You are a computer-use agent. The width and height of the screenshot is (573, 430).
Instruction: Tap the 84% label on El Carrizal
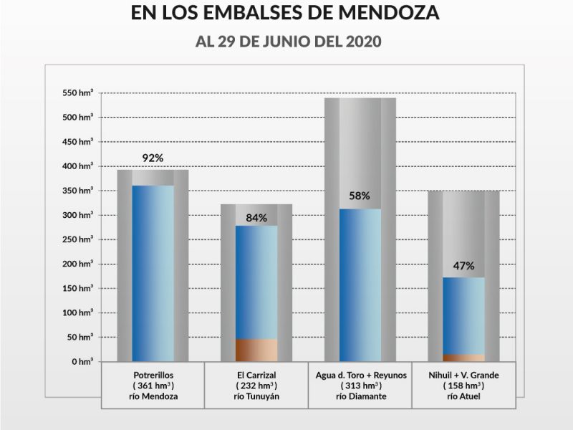[256, 218]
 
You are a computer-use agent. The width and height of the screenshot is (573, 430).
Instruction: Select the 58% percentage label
[360, 196]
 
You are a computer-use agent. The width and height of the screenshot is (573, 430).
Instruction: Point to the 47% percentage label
[463, 266]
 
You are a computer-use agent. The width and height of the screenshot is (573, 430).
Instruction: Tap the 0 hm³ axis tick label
[82, 362]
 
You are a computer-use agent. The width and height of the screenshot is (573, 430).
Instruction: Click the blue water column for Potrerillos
[153, 272]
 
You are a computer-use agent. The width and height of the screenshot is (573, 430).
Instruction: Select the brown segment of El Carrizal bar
[256, 350]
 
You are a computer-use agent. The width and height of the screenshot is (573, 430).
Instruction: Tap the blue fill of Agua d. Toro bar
[360, 287]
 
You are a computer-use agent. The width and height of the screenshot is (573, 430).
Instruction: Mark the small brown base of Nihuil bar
[463, 357]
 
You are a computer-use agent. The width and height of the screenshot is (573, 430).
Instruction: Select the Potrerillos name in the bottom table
[153, 375]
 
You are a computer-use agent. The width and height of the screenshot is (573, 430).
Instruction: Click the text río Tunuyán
[256, 396]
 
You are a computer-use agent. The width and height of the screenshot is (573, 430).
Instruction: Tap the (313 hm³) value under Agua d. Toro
[360, 386]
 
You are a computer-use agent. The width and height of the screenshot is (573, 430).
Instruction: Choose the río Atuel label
[463, 396]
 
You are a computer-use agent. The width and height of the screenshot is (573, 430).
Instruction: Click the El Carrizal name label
[256, 375]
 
